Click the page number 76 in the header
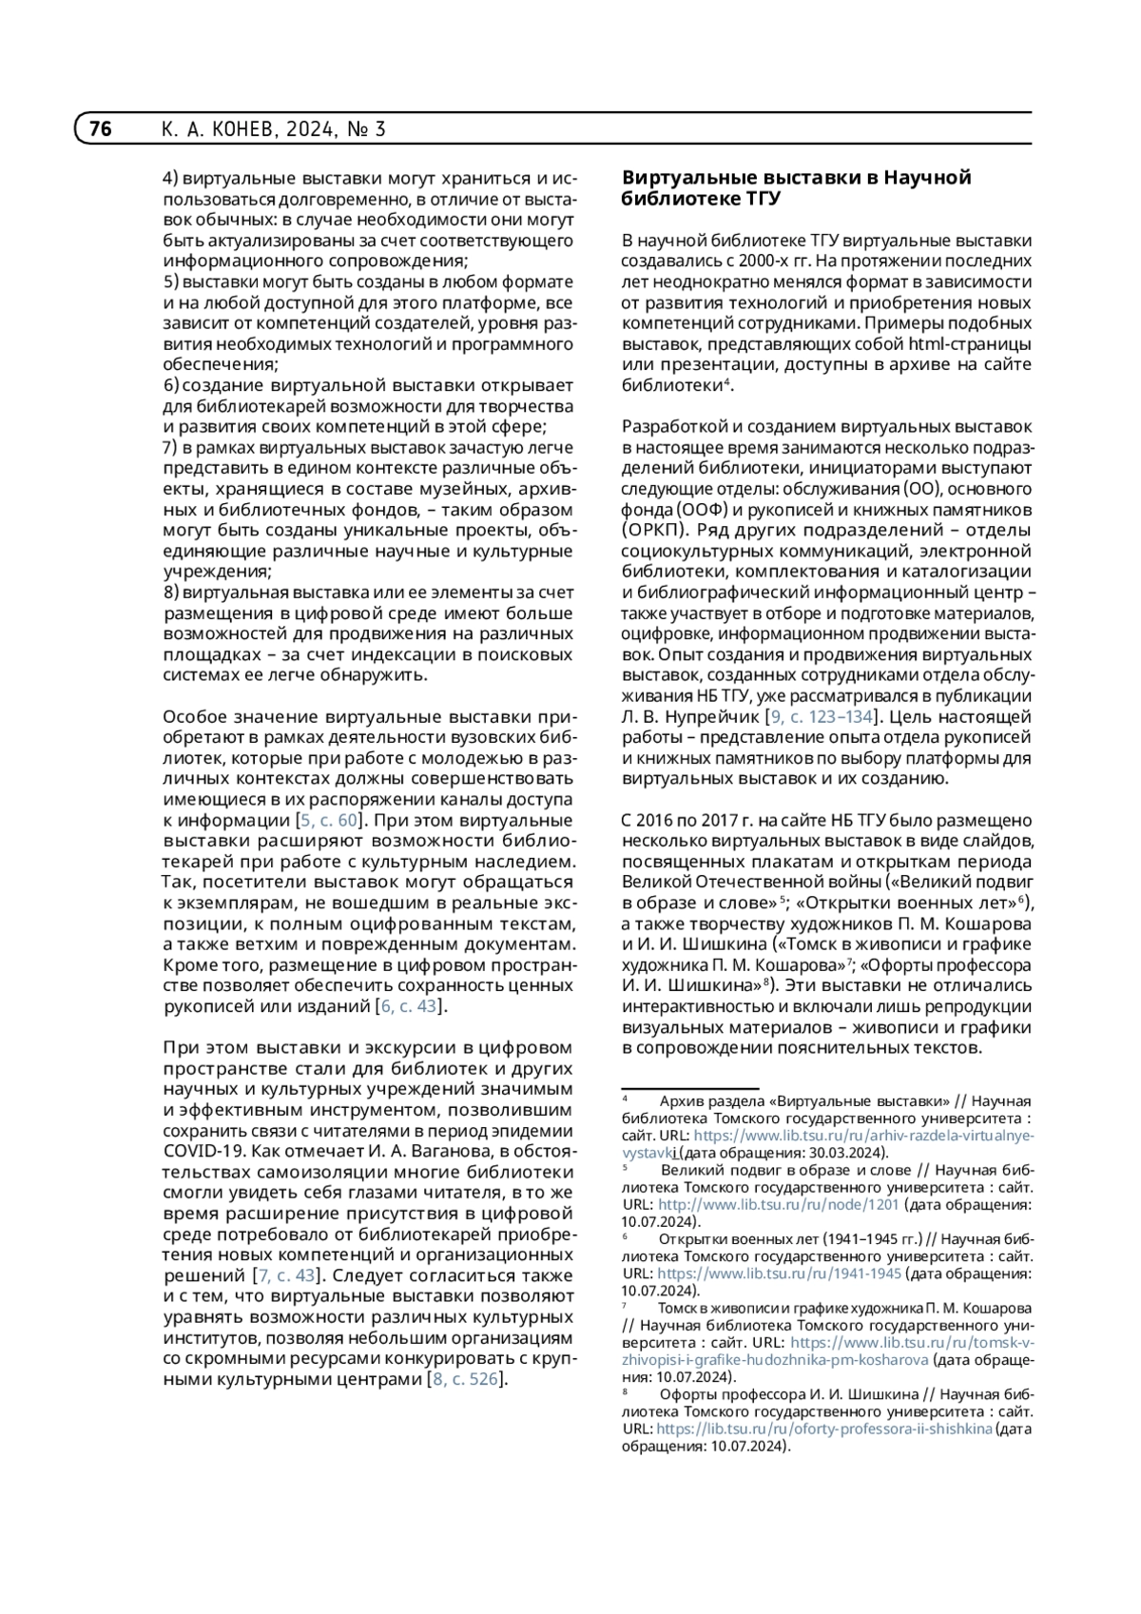point(100,129)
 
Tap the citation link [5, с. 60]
point(329,821)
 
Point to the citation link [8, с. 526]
point(466,1379)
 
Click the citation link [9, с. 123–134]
point(823,717)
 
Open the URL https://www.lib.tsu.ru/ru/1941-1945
point(779,1274)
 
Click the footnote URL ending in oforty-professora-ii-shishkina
point(823,1429)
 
